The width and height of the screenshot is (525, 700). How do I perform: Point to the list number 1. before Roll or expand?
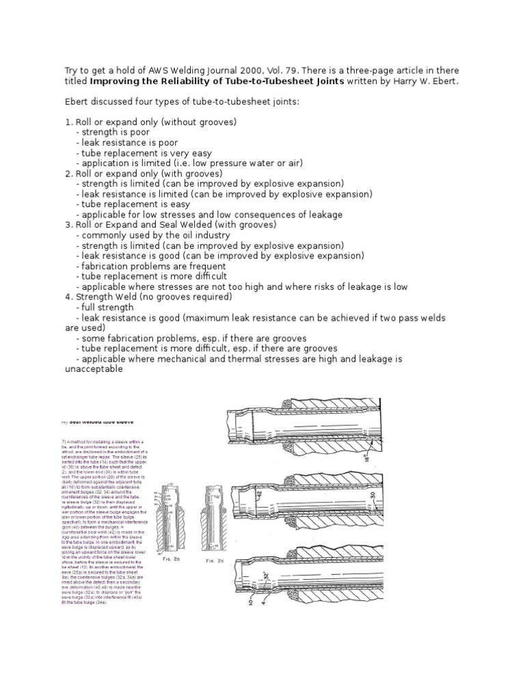(x=68, y=122)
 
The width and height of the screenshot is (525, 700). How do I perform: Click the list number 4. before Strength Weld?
(x=68, y=297)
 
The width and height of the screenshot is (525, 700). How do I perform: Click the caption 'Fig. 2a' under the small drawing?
(x=172, y=560)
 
